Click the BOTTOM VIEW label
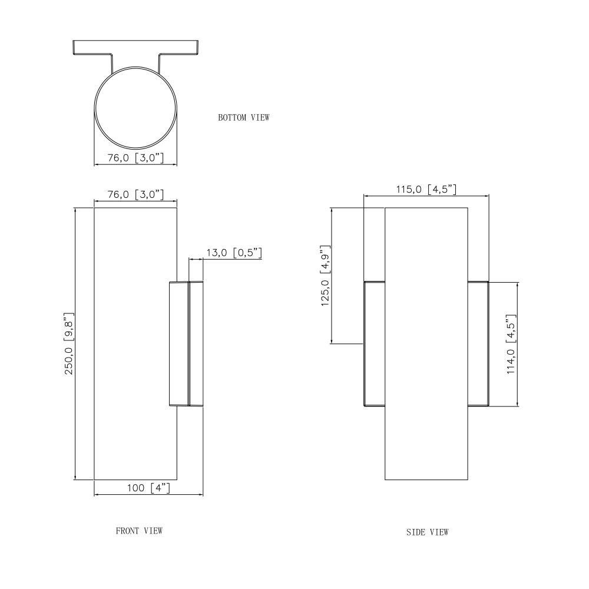click(244, 118)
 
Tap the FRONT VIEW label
click(139, 531)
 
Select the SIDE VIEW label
click(428, 532)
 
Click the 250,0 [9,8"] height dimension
click(70, 343)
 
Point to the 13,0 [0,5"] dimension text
click(234, 253)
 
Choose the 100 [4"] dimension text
click(148, 488)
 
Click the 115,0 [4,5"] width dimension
click(426, 189)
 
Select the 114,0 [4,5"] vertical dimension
click(511, 344)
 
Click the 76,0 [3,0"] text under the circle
click(135, 158)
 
